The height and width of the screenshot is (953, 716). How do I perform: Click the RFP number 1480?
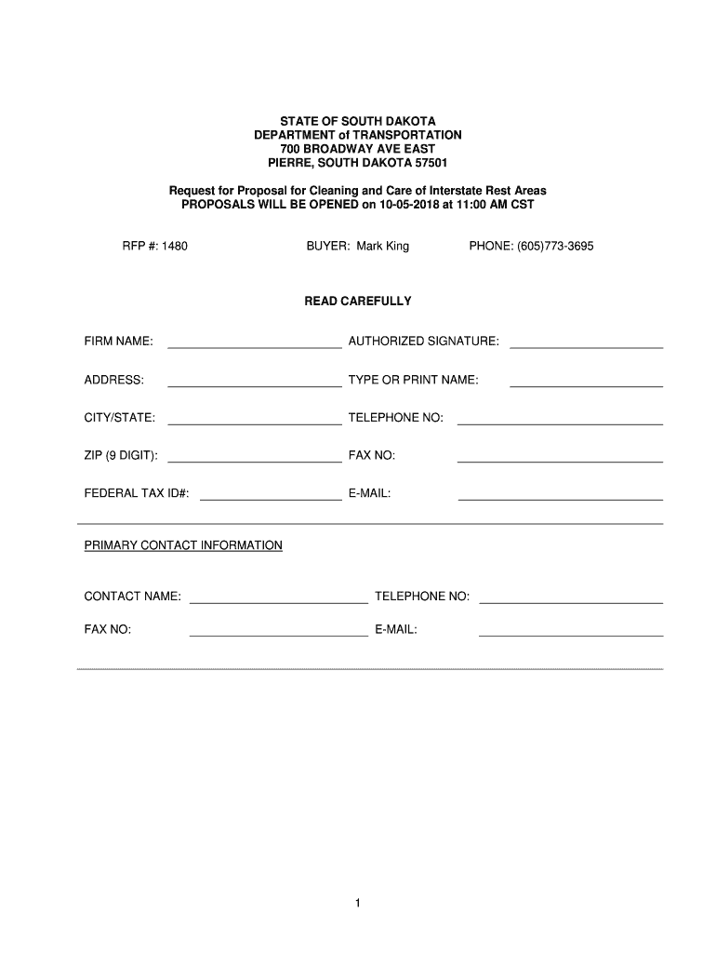click(x=175, y=247)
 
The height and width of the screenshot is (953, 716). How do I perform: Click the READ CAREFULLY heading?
click(x=358, y=302)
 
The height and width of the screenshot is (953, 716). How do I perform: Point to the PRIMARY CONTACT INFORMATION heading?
click(x=183, y=545)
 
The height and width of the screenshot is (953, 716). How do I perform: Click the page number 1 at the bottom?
click(x=358, y=904)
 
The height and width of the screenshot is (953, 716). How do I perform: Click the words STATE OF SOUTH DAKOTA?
click(x=358, y=122)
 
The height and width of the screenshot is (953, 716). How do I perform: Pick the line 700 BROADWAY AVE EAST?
click(x=358, y=149)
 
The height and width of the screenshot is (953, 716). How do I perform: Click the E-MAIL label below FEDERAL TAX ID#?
click(x=369, y=493)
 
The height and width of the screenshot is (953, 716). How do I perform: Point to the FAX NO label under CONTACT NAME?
click(x=108, y=630)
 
